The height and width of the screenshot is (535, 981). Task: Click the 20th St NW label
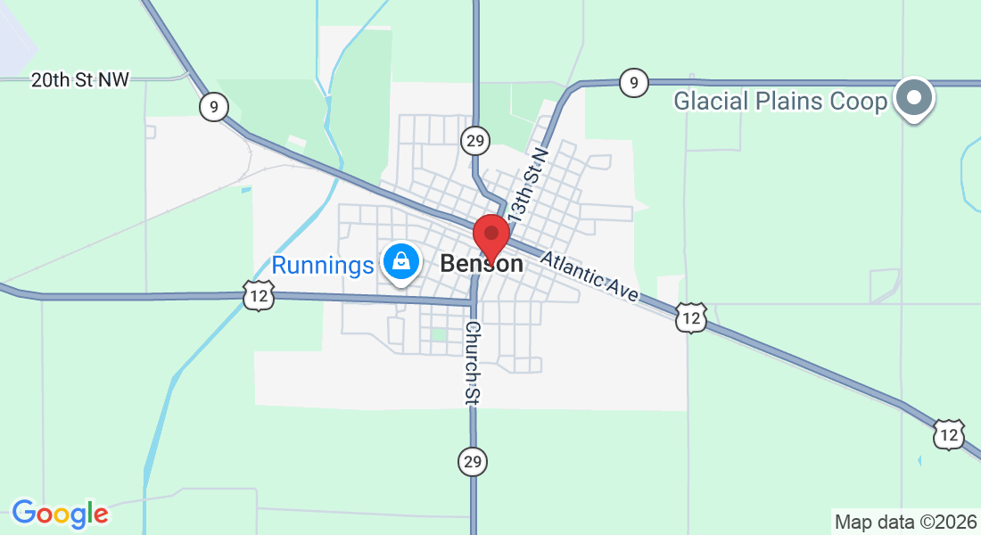(80, 80)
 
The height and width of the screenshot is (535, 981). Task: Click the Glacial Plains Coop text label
(780, 101)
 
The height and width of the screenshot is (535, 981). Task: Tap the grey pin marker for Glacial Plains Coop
(913, 97)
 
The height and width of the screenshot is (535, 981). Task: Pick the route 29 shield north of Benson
(475, 140)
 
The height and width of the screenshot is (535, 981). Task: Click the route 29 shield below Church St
(473, 461)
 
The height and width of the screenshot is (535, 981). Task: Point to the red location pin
(490, 236)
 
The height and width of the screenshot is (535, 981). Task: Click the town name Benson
(482, 264)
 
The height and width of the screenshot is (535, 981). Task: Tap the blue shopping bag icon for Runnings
(401, 261)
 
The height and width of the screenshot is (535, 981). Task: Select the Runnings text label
(322, 265)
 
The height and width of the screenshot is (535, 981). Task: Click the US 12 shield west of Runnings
(258, 296)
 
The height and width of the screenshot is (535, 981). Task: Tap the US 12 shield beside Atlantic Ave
(691, 317)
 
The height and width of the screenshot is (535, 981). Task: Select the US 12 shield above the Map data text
(949, 433)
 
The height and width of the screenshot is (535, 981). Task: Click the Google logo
(60, 514)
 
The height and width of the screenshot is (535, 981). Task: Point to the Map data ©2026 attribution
(904, 522)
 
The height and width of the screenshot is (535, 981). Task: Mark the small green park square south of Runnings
(438, 334)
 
